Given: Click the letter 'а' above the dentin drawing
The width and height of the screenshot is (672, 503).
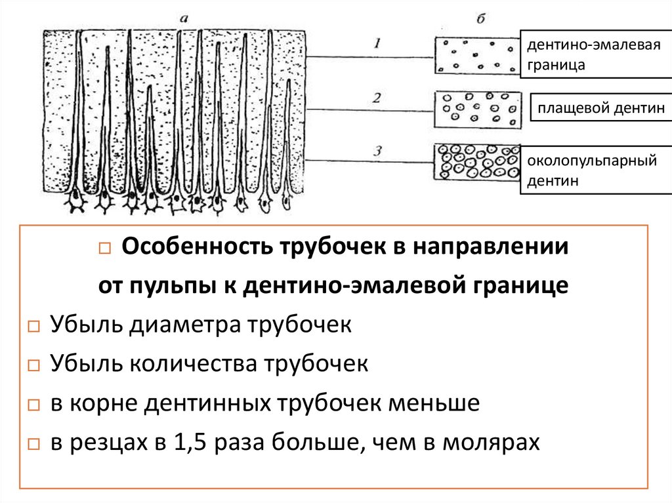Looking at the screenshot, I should coord(184,20).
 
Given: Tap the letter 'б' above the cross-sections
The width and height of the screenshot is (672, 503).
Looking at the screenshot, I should coord(480,19).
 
